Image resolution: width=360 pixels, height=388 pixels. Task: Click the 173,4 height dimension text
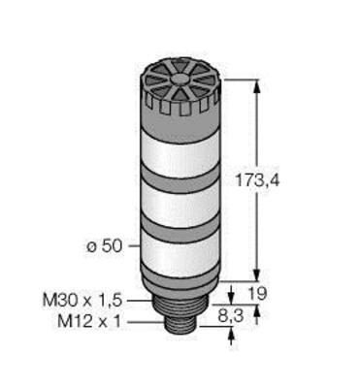257,180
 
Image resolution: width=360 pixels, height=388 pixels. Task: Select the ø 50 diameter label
105,246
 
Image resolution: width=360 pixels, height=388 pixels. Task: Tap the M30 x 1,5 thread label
82,301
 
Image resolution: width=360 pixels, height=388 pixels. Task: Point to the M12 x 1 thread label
89,322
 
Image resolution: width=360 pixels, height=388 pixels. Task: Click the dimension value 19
257,294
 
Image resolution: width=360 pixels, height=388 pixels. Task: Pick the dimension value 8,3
230,316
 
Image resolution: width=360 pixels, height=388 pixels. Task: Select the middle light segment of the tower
180,206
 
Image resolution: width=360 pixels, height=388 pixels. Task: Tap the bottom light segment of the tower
180,254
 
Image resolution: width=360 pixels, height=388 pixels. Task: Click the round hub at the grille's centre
180,79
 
